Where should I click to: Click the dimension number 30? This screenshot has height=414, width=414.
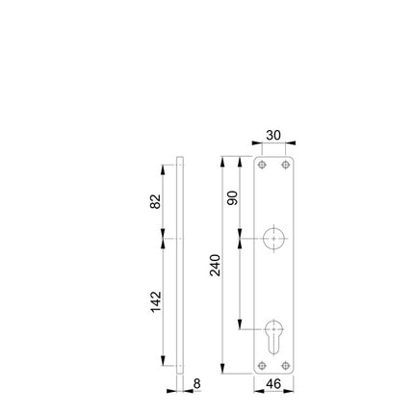[272, 136]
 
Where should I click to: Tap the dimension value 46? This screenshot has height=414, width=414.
[272, 384]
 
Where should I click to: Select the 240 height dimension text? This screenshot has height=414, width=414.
[215, 266]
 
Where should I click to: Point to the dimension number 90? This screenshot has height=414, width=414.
[232, 197]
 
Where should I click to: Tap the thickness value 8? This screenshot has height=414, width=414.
[196, 383]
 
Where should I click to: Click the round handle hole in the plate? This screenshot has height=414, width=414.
[272, 237]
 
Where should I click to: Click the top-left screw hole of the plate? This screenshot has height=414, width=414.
[261, 166]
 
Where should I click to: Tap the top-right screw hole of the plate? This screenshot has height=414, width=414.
[285, 166]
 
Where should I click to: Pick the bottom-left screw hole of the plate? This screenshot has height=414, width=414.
[261, 365]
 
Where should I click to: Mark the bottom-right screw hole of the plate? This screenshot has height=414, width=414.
[285, 365]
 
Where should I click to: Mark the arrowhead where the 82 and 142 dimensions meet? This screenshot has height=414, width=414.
[165, 237]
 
